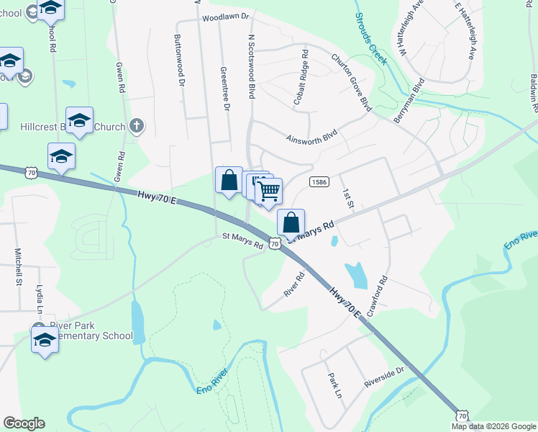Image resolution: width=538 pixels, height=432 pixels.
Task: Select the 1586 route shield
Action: coord(320,183)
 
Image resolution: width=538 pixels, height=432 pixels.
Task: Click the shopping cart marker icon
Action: coord(268,191)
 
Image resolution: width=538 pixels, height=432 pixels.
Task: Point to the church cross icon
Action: coord(137,127)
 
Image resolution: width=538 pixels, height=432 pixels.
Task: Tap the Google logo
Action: coord(24,423)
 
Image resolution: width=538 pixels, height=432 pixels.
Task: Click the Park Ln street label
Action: coord(334,385)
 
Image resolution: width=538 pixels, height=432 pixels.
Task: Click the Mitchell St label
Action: coord(18,268)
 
